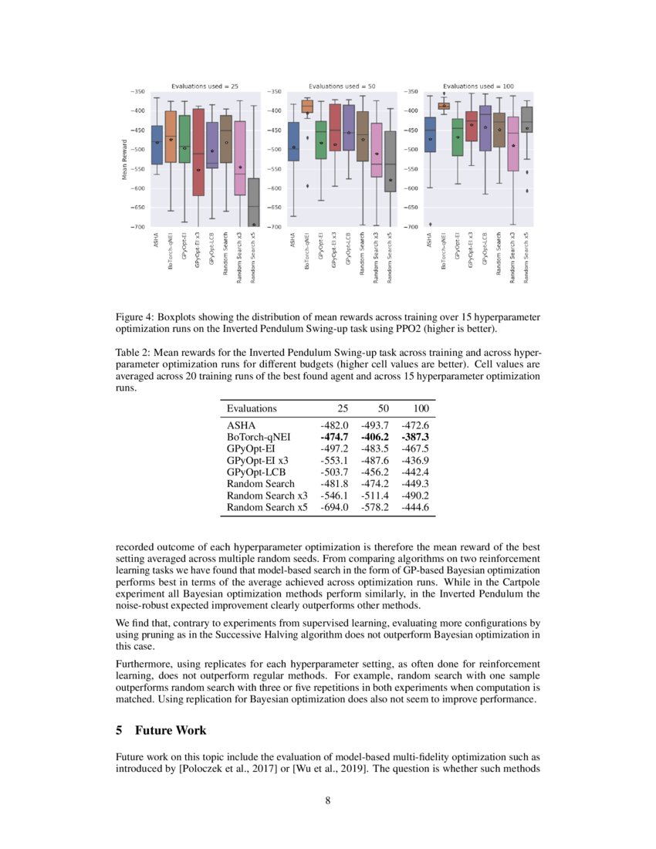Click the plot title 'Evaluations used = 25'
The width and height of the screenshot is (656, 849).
[199, 86]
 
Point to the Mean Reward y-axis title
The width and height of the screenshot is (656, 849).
[123, 159]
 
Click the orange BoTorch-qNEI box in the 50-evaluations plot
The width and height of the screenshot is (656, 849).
[307, 107]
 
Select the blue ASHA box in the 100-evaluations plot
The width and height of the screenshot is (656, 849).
[430, 134]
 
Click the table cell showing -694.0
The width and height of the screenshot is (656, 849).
[334, 508]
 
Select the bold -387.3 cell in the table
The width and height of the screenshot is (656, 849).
[415, 436]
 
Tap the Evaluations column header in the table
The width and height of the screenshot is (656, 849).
[252, 408]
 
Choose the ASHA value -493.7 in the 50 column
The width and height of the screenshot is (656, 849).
[374, 424]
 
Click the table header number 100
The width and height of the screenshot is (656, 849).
[421, 408]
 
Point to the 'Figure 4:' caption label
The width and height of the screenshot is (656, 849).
[134, 317]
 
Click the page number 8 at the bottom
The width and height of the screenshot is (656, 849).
[327, 800]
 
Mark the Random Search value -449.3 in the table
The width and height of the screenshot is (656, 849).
[415, 484]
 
